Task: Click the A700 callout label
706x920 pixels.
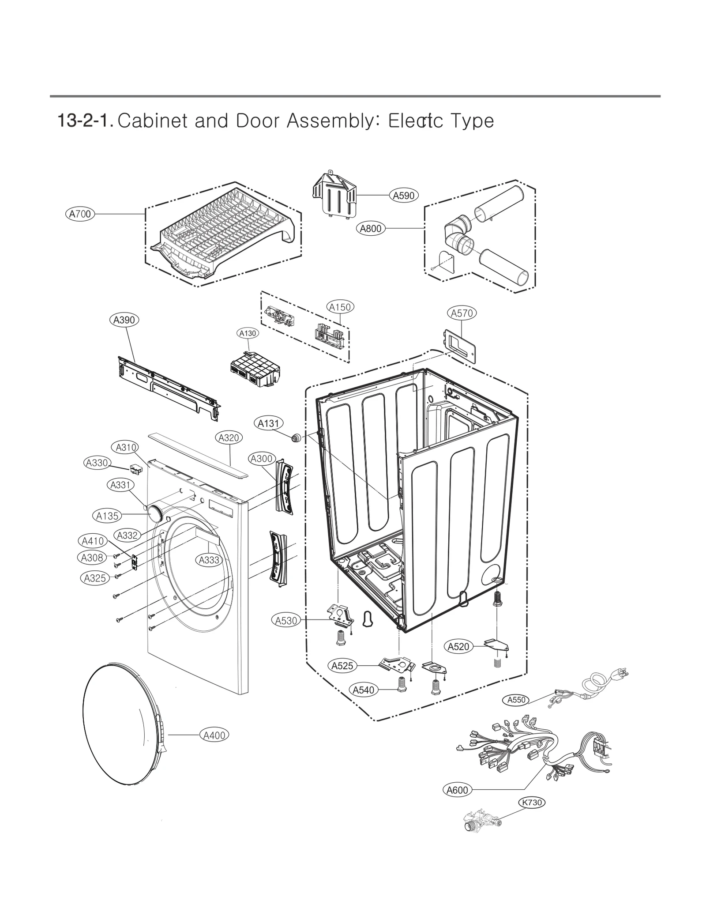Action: [x=80, y=214]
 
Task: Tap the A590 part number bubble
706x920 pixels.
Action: [x=404, y=195]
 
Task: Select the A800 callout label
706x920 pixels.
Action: [x=371, y=229]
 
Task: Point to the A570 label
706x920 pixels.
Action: [x=462, y=313]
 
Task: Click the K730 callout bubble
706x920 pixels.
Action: [x=532, y=802]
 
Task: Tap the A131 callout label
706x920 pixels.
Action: [x=268, y=423]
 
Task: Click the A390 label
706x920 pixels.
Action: [x=124, y=320]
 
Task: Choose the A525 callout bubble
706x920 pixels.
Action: [x=342, y=666]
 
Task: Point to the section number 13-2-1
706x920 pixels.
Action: [x=86, y=121]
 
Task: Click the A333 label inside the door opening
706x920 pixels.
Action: [x=209, y=560]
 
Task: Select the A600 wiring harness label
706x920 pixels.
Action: [x=457, y=790]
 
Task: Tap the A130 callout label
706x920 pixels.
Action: [x=248, y=333]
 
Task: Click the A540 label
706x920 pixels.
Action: [x=364, y=690]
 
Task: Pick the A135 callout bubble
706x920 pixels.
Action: [x=107, y=516]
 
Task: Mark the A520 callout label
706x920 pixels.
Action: [x=458, y=647]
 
